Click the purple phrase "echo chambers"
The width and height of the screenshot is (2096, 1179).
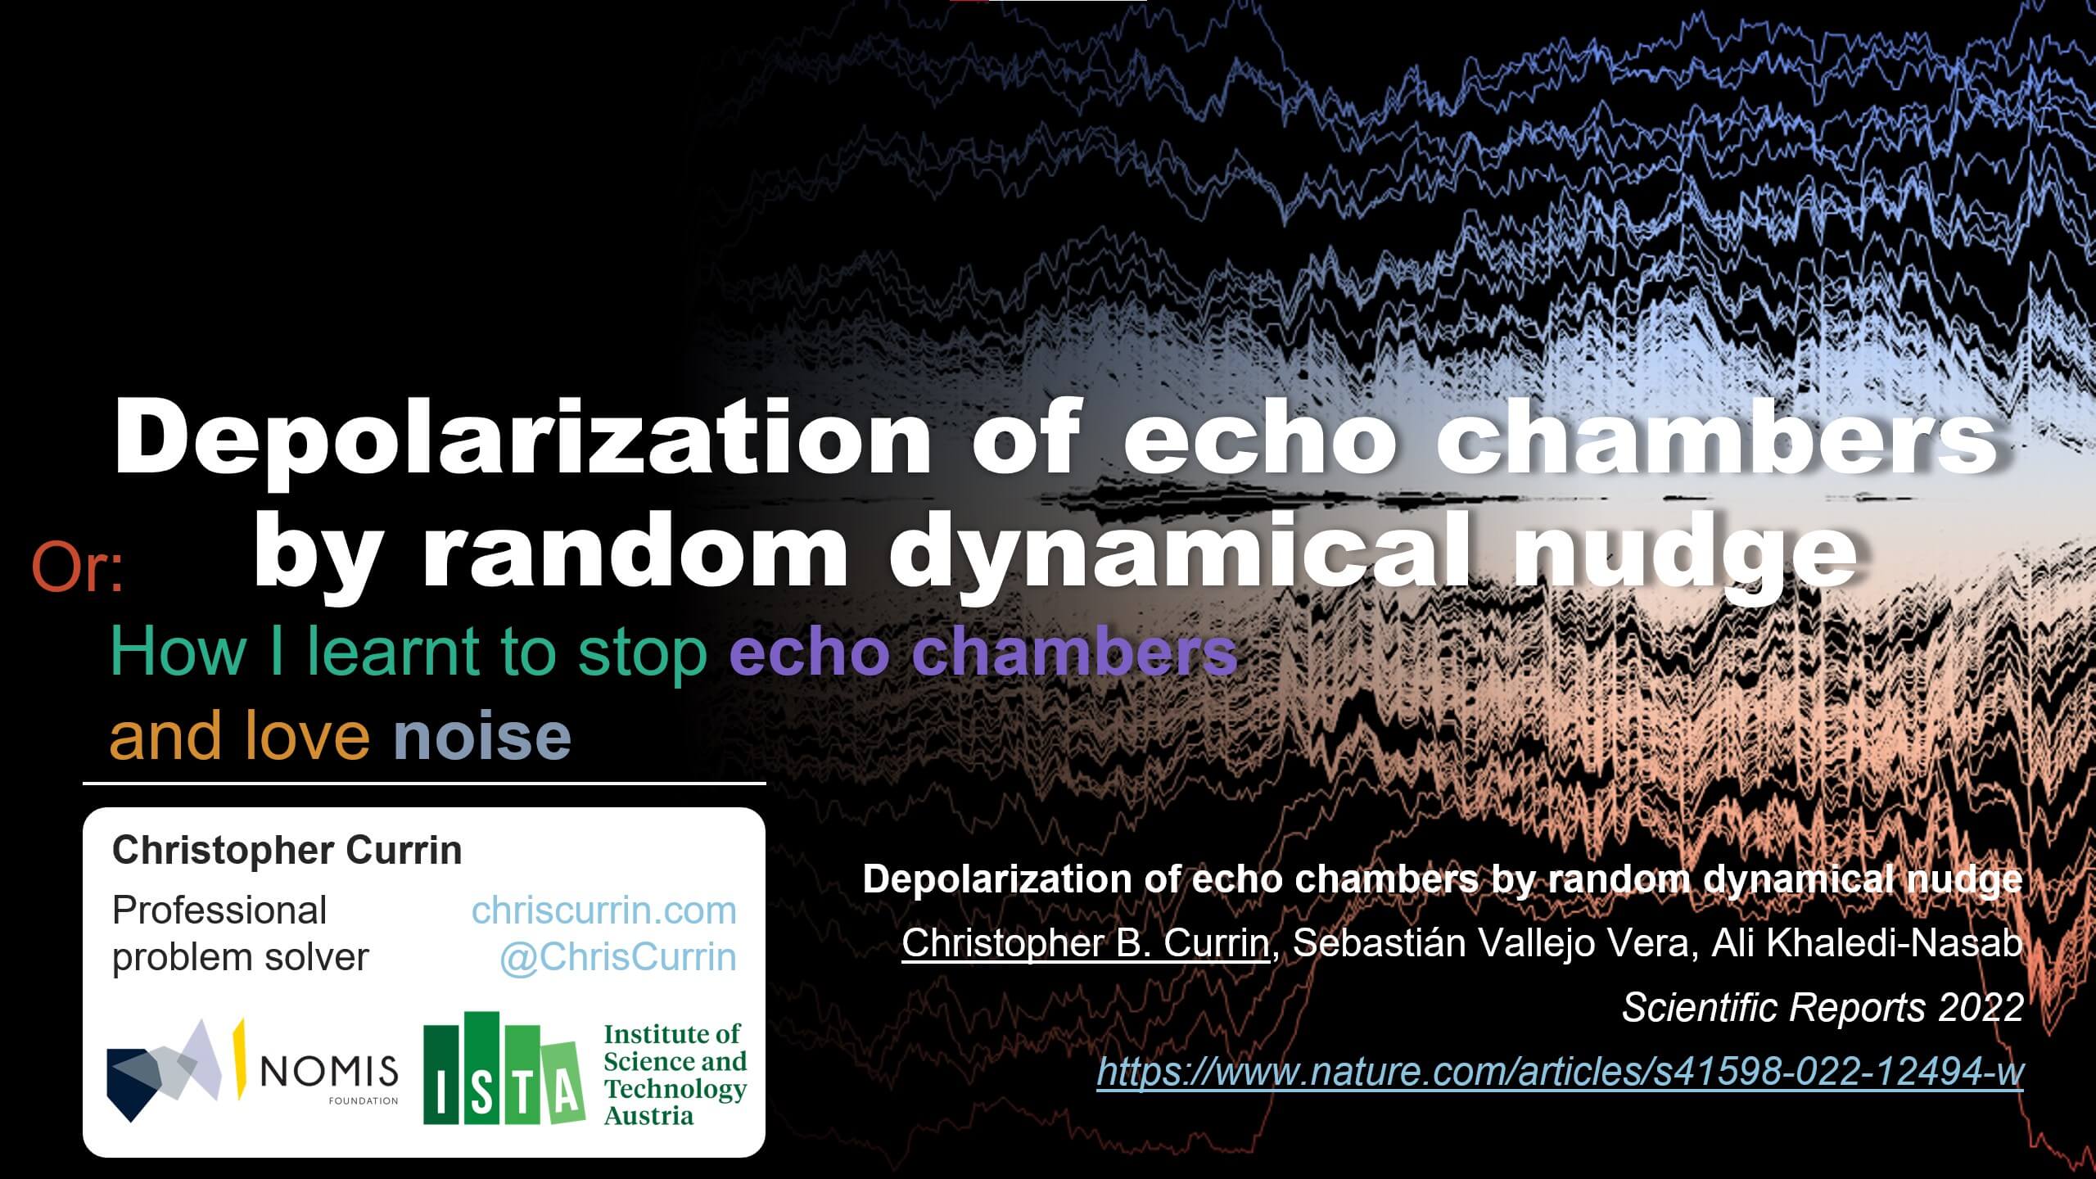pyautogui.click(x=983, y=653)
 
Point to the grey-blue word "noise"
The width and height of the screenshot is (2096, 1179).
pyautogui.click(x=482, y=735)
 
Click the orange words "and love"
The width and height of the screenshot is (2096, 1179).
pyautogui.click(x=240, y=735)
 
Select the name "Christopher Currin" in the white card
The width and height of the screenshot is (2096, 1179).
pyautogui.click(x=287, y=851)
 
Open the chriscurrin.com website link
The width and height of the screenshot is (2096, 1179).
pyautogui.click(x=604, y=910)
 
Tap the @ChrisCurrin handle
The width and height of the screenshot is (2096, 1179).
pyautogui.click(x=618, y=957)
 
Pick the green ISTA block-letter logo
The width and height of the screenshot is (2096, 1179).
pyautogui.click(x=503, y=1068)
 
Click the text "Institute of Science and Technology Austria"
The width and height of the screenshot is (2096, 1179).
pyautogui.click(x=675, y=1074)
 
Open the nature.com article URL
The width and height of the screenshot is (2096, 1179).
pyautogui.click(x=1560, y=1071)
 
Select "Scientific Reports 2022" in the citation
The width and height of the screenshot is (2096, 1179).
pyautogui.click(x=1823, y=1007)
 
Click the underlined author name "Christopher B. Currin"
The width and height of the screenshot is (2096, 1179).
pyautogui.click(x=1085, y=943)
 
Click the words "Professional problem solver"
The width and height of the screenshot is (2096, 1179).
pyautogui.click(x=241, y=933)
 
